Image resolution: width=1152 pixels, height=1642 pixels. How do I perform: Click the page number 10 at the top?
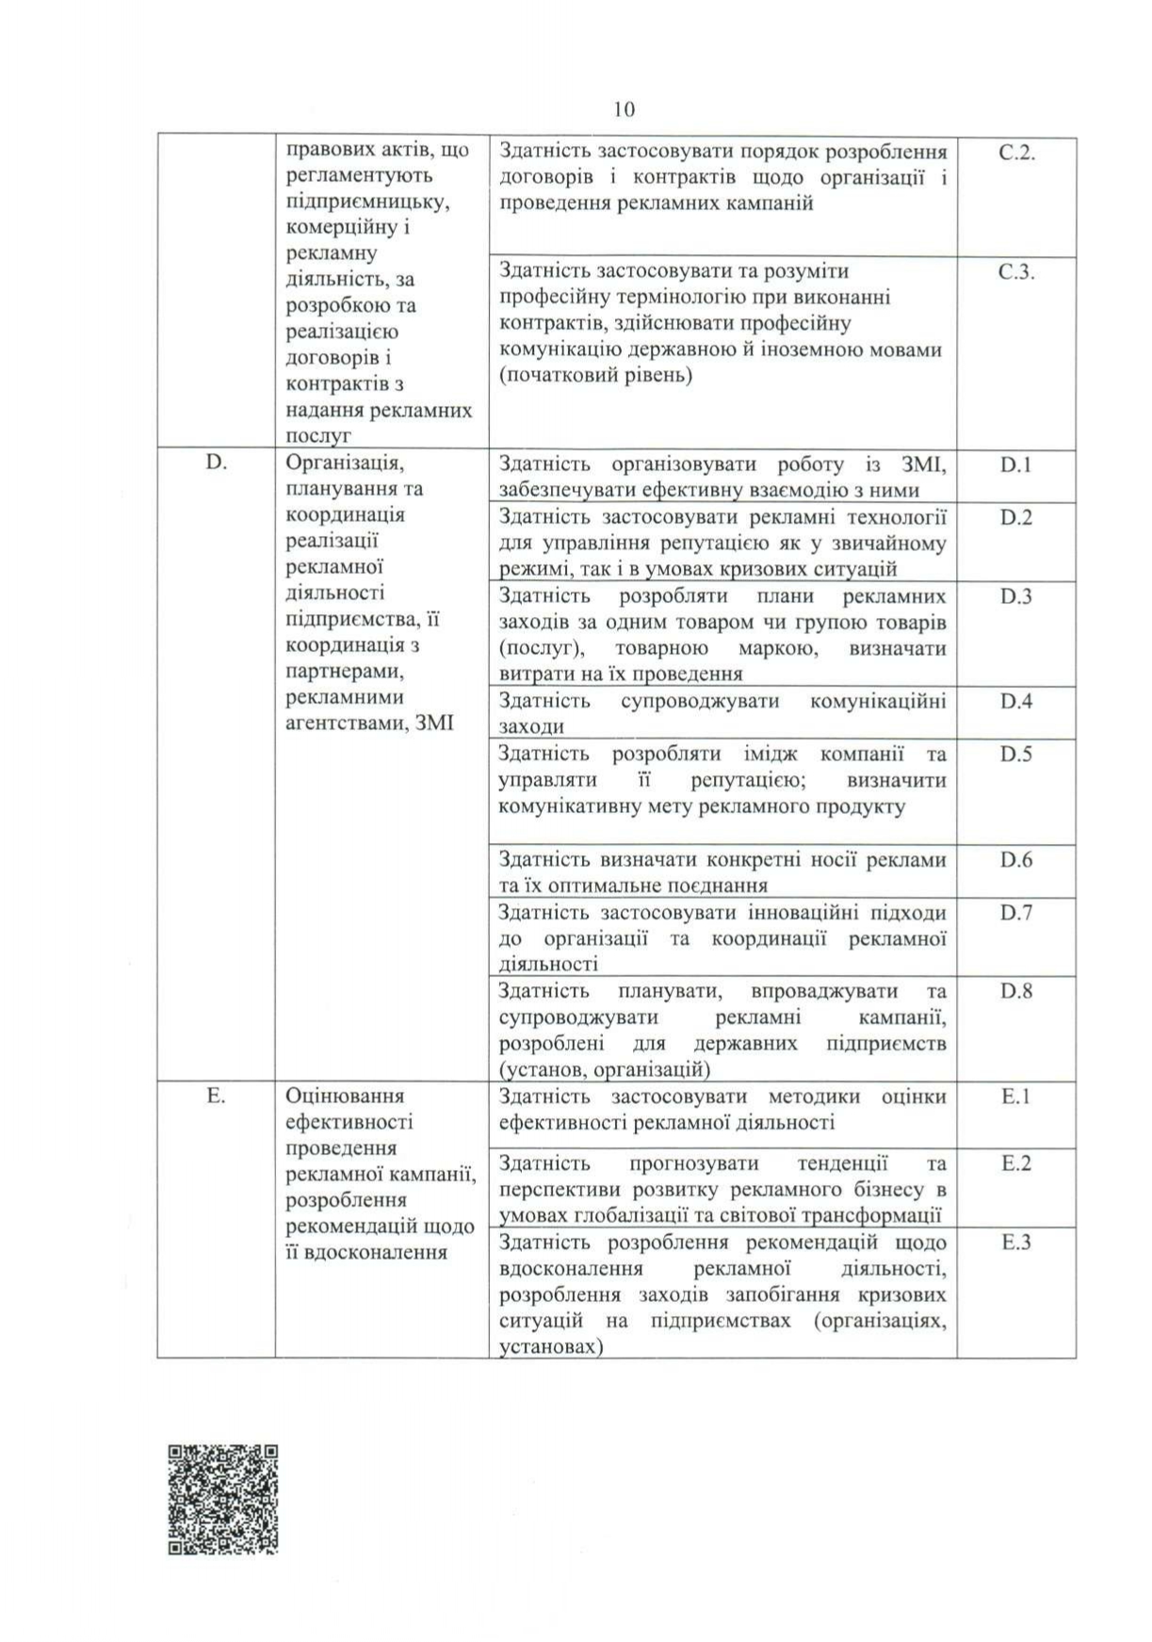point(624,109)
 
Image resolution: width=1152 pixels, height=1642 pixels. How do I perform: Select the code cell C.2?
point(1016,153)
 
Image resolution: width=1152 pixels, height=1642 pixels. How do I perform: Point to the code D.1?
point(1016,464)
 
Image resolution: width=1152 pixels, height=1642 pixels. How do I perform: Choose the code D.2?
point(1016,517)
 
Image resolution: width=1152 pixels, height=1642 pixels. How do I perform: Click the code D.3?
point(1016,596)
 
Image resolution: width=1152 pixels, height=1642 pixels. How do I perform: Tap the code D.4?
point(1016,701)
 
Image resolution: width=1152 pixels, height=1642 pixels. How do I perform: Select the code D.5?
point(1016,754)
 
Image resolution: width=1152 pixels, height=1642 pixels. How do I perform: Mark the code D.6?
point(1016,859)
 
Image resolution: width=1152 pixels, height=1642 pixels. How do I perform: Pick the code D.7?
point(1016,912)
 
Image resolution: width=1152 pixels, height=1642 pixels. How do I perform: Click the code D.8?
point(1016,991)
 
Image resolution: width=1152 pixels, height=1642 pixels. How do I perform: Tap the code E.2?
point(1016,1163)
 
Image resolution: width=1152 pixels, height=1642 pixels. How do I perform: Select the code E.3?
point(1016,1243)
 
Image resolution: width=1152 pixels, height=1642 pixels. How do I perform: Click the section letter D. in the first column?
point(217,463)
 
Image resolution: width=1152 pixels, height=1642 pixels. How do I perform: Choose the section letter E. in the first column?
point(216,1096)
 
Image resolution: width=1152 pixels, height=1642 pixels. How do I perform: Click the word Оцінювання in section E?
point(345,1096)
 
